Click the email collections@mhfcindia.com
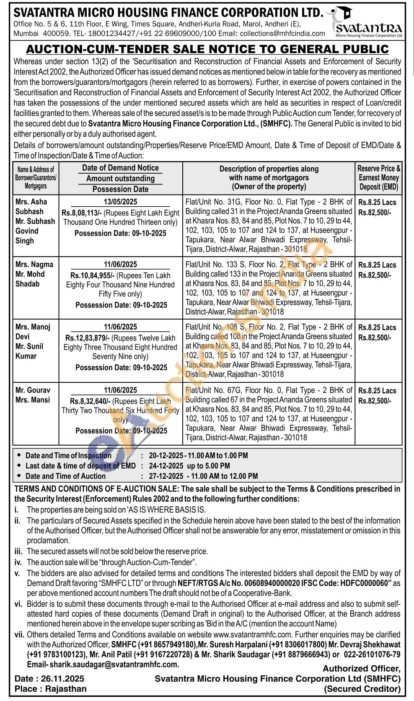[x=284, y=34]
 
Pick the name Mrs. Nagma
[x=34, y=265]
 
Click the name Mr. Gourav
[x=33, y=390]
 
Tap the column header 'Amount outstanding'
[x=120, y=179]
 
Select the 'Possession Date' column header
[x=120, y=189]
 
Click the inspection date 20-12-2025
[x=166, y=455]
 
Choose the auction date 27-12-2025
[x=166, y=476]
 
